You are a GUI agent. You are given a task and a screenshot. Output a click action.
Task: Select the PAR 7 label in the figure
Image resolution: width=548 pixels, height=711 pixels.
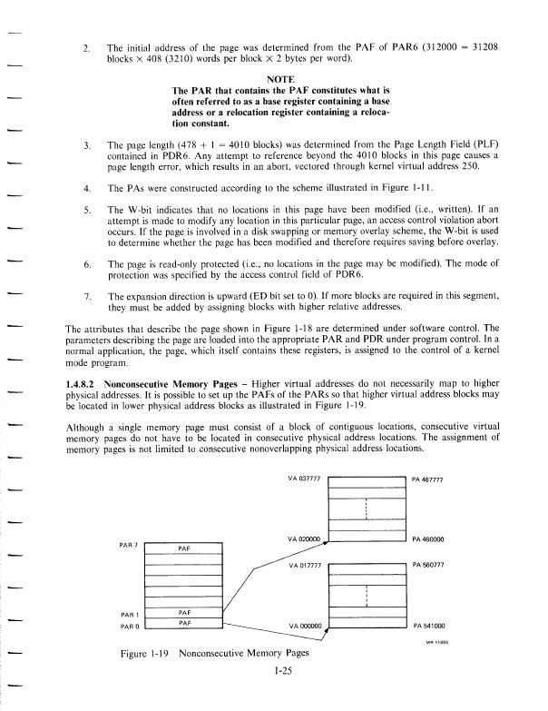(x=130, y=545)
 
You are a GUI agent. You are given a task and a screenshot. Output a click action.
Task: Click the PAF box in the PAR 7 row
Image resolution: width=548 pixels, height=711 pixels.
(x=184, y=549)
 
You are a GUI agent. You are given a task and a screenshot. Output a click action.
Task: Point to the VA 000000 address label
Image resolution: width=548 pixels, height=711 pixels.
(x=304, y=626)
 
